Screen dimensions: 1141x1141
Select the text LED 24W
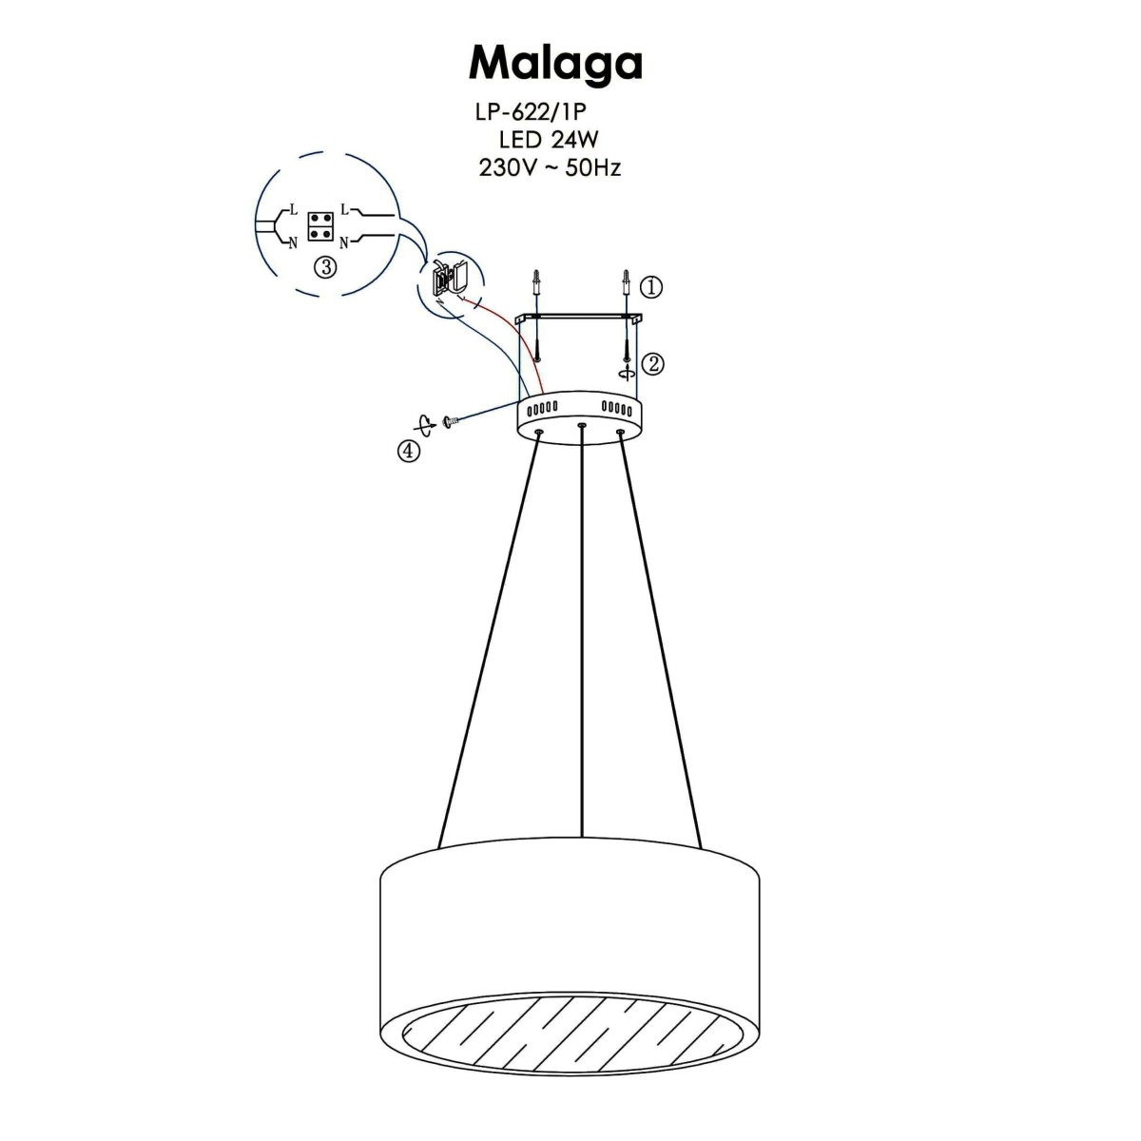click(549, 140)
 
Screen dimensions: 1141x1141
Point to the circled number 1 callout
click(650, 285)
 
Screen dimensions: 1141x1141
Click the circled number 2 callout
click(651, 362)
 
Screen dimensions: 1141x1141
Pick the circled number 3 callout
click(325, 268)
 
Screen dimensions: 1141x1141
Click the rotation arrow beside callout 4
click(428, 424)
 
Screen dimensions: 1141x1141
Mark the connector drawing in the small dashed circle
click(446, 279)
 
